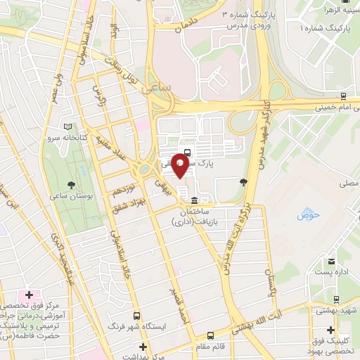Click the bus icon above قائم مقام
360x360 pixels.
(211, 335)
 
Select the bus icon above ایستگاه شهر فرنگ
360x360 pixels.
(137, 316)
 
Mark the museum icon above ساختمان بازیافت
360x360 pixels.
(194, 200)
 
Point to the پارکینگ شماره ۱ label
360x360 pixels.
(328, 28)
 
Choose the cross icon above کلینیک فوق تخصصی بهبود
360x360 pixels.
(330, 330)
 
